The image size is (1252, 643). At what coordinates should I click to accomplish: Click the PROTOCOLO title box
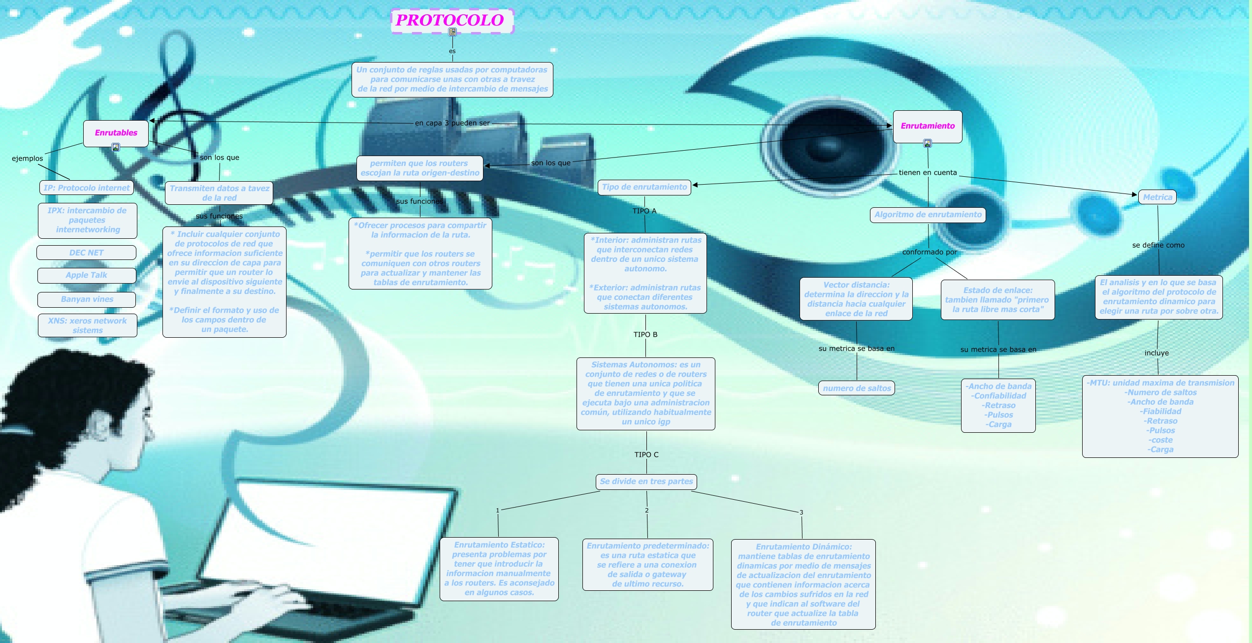pyautogui.click(x=451, y=20)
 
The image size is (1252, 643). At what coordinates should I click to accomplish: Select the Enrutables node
pyautogui.click(x=116, y=132)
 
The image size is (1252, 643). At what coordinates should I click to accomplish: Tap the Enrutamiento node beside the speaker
pyautogui.click(x=928, y=126)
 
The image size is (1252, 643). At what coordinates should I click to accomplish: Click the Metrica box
pyautogui.click(x=1157, y=197)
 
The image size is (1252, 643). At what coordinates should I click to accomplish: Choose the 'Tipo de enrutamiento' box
pyautogui.click(x=644, y=187)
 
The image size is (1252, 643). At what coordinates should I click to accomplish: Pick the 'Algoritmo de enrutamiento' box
pyautogui.click(x=928, y=215)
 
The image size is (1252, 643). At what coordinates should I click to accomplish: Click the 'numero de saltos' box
pyautogui.click(x=857, y=388)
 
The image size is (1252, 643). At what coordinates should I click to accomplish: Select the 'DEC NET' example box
pyautogui.click(x=86, y=253)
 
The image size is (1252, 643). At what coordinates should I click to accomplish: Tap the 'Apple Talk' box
pyautogui.click(x=86, y=275)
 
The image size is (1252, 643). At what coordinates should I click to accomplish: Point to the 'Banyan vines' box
pyautogui.click(x=87, y=299)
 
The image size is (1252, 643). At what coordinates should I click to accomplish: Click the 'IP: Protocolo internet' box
pyautogui.click(x=86, y=188)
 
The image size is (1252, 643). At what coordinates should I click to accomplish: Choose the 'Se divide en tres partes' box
pyautogui.click(x=646, y=482)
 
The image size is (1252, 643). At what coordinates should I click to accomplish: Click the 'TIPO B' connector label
pyautogui.click(x=645, y=335)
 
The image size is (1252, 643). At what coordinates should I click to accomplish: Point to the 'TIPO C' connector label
pyautogui.click(x=646, y=455)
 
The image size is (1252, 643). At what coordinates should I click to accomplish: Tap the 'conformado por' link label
pyautogui.click(x=930, y=252)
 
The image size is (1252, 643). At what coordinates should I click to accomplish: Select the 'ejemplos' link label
pyautogui.click(x=28, y=159)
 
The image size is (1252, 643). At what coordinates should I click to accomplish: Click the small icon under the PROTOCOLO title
pyautogui.click(x=452, y=32)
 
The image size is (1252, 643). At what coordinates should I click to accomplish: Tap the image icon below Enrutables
pyautogui.click(x=116, y=147)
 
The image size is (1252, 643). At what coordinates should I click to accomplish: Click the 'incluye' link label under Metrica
pyautogui.click(x=1156, y=353)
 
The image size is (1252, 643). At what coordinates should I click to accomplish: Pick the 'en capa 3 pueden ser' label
pyautogui.click(x=452, y=123)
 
